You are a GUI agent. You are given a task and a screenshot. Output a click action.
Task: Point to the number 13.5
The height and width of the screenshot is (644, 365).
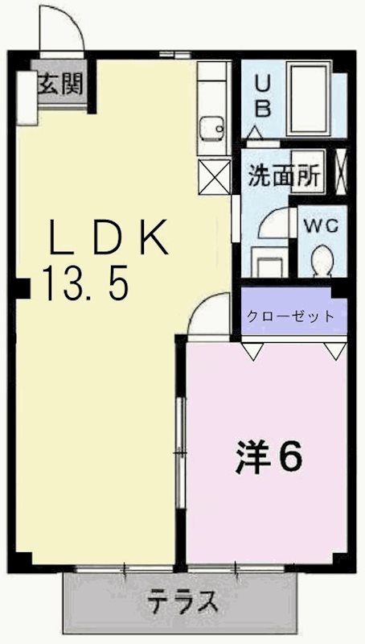click(x=86, y=283)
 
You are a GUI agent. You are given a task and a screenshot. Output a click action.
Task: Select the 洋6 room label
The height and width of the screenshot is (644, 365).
click(x=269, y=457)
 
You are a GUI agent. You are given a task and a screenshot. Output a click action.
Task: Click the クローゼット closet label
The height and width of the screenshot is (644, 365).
click(x=290, y=316)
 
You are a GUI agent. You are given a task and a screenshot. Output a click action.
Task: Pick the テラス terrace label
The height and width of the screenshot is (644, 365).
click(x=182, y=601)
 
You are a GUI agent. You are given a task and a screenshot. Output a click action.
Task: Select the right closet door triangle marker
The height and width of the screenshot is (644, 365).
click(x=333, y=350)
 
